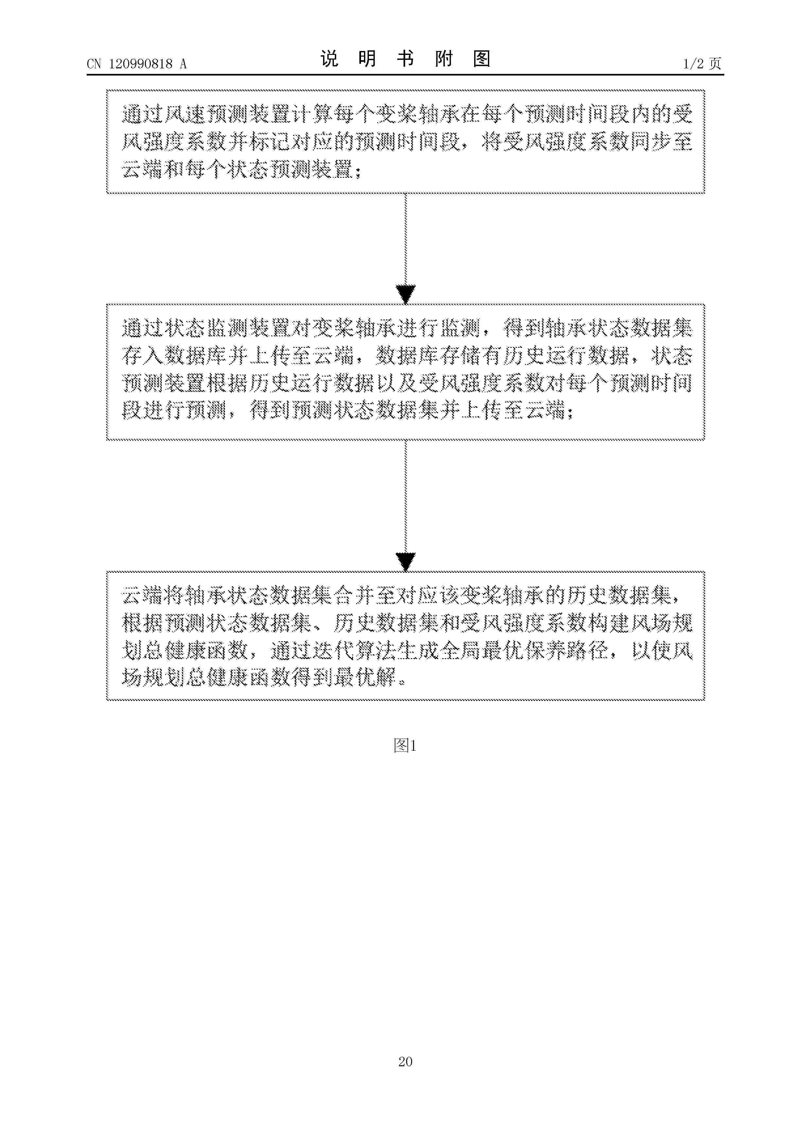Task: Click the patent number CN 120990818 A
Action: (x=136, y=63)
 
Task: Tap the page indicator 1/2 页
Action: (x=702, y=63)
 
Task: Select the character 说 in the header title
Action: (x=329, y=59)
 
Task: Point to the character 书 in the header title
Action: (x=405, y=59)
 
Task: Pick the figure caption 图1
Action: (x=405, y=746)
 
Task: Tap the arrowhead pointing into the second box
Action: (x=405, y=294)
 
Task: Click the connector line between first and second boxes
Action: (x=405, y=240)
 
